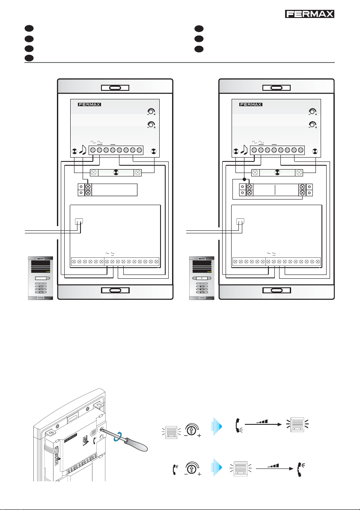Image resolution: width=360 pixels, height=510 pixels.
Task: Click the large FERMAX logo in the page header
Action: (x=309, y=14)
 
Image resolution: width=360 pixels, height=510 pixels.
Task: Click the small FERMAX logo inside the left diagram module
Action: (x=89, y=105)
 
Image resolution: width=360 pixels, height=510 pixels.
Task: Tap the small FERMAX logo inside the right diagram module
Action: (x=251, y=105)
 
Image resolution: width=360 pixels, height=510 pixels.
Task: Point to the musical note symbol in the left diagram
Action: (x=82, y=149)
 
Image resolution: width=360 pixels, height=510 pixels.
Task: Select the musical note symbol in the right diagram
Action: (x=244, y=149)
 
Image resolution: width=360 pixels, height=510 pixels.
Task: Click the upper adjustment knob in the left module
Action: (x=151, y=112)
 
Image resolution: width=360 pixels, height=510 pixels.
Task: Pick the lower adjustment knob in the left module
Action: (x=151, y=125)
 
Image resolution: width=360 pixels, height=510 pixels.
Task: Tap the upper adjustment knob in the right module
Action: (x=312, y=112)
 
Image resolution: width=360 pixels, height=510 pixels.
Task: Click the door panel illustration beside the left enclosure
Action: (x=40, y=278)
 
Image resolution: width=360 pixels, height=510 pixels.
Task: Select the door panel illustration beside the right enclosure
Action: (x=202, y=278)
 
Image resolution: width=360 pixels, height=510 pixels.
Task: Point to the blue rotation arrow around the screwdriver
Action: (x=117, y=436)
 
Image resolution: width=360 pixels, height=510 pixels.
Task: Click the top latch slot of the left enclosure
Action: (x=115, y=88)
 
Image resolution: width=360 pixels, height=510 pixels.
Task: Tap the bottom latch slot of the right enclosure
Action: (x=277, y=290)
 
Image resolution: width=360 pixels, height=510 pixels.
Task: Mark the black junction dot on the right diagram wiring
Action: (x=244, y=179)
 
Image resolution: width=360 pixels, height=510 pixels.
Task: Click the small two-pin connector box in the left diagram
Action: (x=79, y=221)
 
